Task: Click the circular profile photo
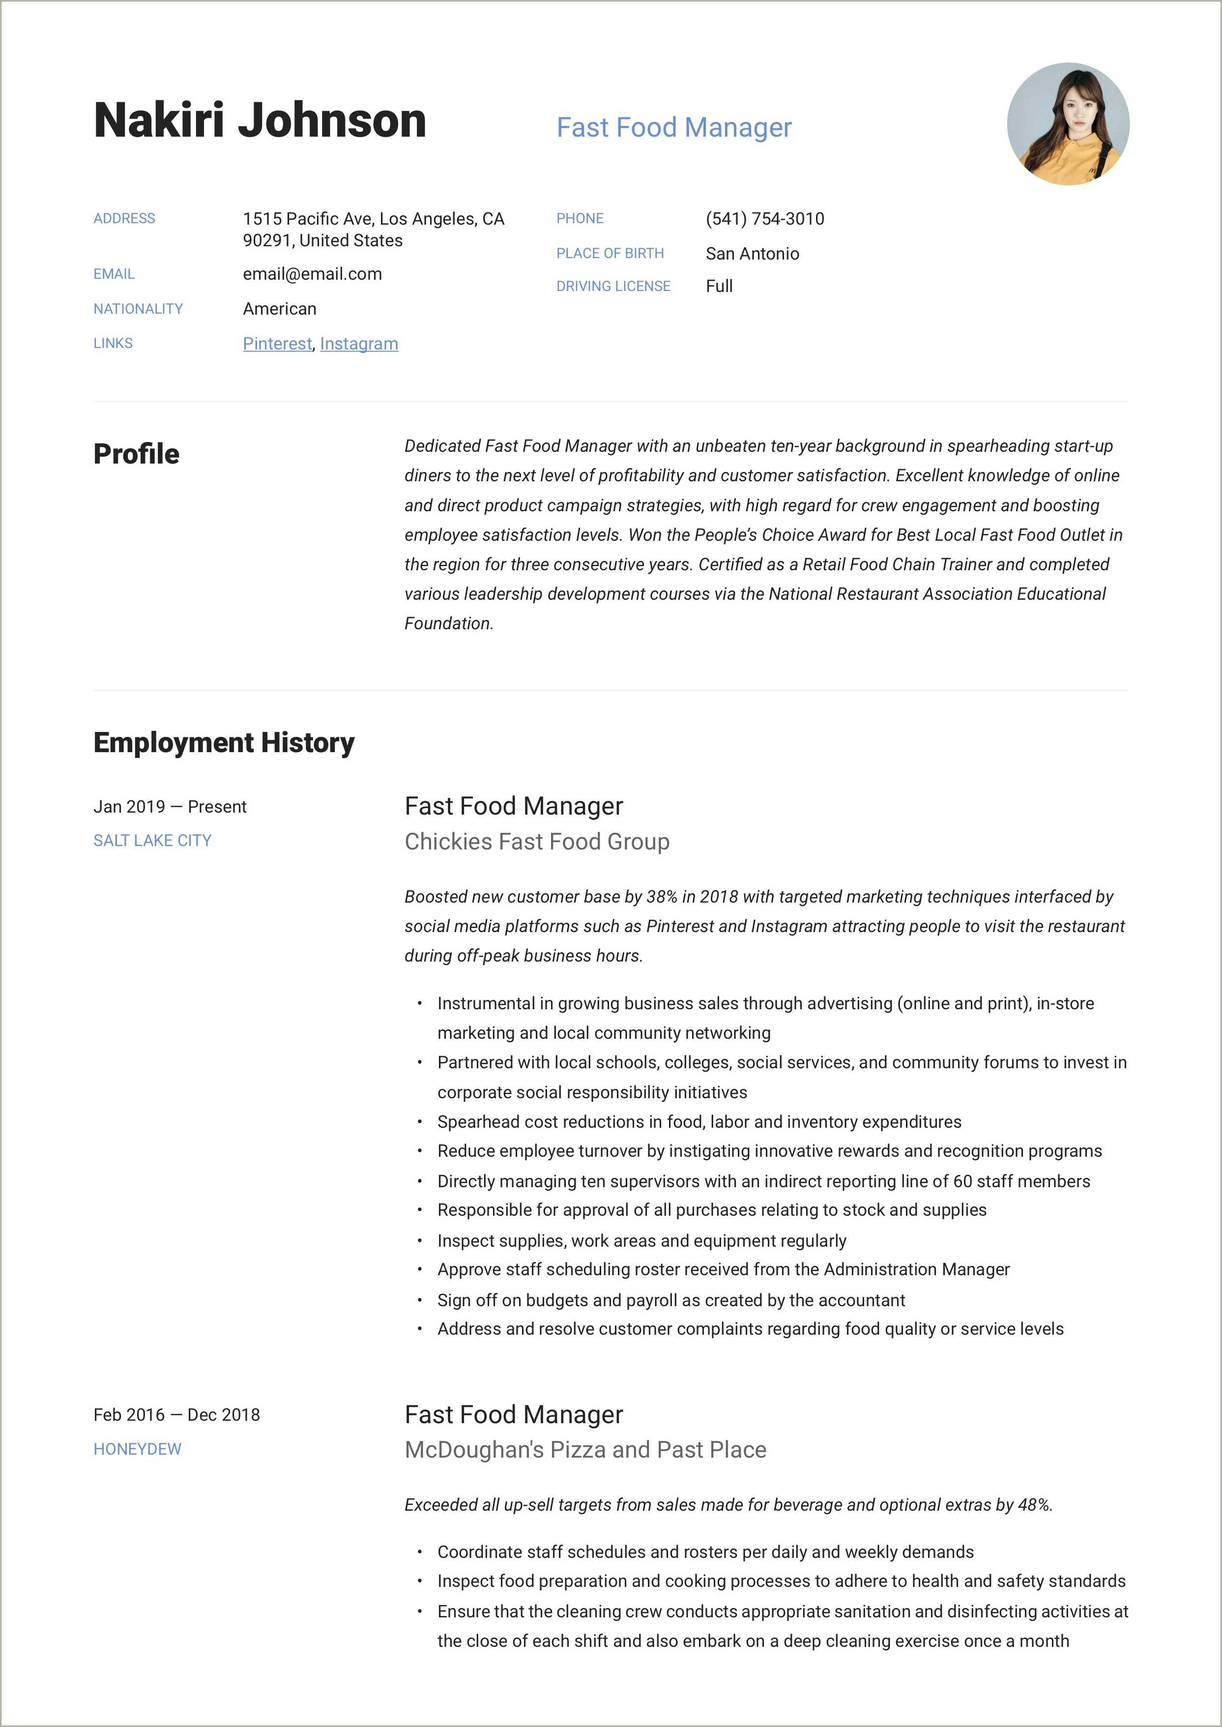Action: click(x=1068, y=124)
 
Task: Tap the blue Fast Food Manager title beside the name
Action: click(x=673, y=128)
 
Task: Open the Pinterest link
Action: click(x=277, y=344)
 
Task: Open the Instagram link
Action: click(x=359, y=344)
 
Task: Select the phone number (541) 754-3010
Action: click(x=764, y=219)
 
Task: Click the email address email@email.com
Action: click(x=312, y=274)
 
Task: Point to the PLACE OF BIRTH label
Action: click(x=610, y=254)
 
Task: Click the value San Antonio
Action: click(x=752, y=254)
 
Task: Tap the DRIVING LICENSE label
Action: click(x=612, y=287)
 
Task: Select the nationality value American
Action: click(x=279, y=309)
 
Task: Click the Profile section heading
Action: click(x=136, y=454)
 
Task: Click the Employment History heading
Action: click(x=224, y=743)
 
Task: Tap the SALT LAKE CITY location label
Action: click(x=152, y=841)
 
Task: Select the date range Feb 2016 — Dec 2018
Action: click(x=176, y=1415)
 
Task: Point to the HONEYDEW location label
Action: click(x=137, y=1449)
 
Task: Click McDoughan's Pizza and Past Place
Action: click(x=584, y=1450)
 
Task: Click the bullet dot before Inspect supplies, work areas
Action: click(x=419, y=1241)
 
